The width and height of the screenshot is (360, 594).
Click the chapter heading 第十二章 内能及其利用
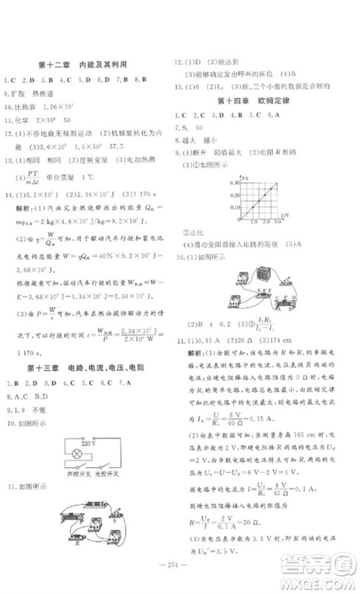(x=82, y=65)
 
